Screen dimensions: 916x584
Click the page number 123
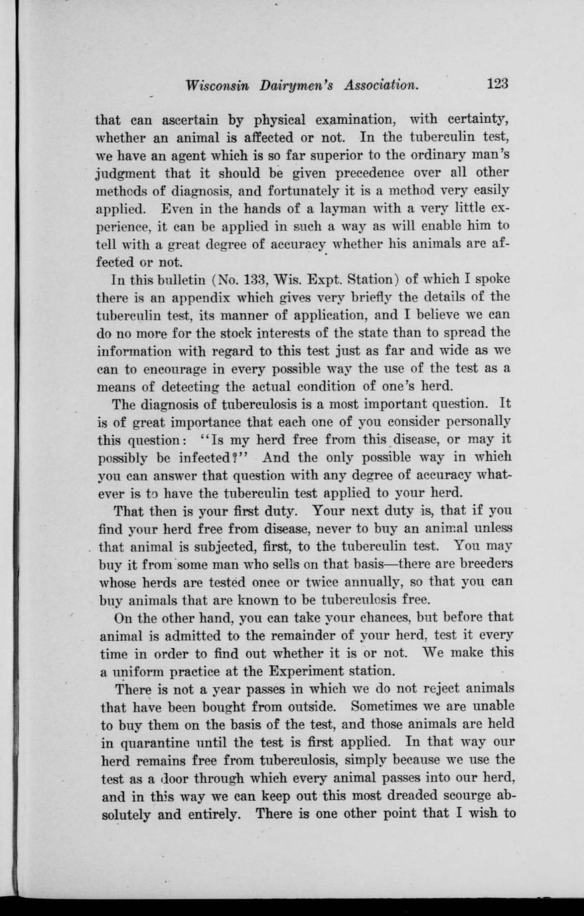pos(498,84)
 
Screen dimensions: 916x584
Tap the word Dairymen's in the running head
pos(297,86)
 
